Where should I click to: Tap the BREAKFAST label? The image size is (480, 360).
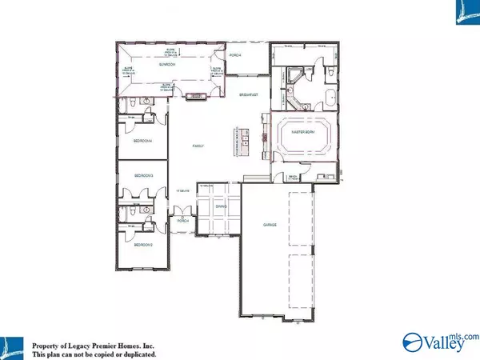point(250,95)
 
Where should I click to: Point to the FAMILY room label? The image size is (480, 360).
point(198,146)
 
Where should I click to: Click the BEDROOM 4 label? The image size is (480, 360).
point(143,141)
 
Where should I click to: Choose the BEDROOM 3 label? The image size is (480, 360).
point(144,174)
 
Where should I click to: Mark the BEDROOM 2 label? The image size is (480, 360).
point(143,244)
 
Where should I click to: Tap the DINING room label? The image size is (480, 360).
point(222,206)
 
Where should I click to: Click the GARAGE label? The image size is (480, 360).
point(270,225)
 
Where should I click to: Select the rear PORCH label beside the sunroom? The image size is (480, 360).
point(235,55)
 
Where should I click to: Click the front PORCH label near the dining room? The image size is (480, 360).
point(182,220)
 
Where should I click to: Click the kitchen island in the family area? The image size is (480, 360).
point(236,141)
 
